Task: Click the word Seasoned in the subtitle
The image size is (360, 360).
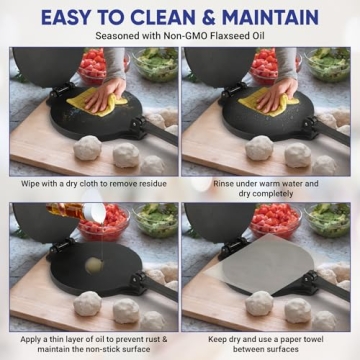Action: click(122, 38)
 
